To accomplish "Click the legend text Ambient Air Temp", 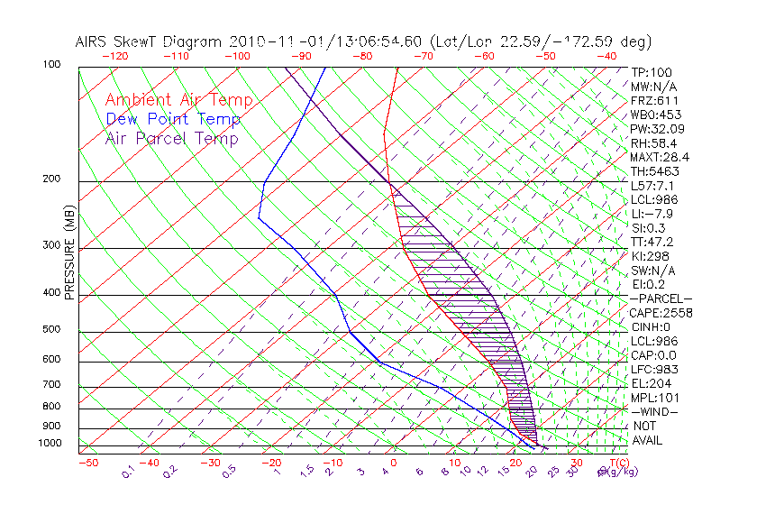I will (x=178, y=100).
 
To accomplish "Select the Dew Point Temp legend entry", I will (x=172, y=119).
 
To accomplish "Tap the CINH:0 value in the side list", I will (x=652, y=326).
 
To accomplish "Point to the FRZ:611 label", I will (x=653, y=100).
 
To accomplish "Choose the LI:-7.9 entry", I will (x=651, y=214).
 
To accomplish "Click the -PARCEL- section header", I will (x=661, y=298).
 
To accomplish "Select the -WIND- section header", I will (x=655, y=411).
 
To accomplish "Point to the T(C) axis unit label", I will (x=610, y=463).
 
